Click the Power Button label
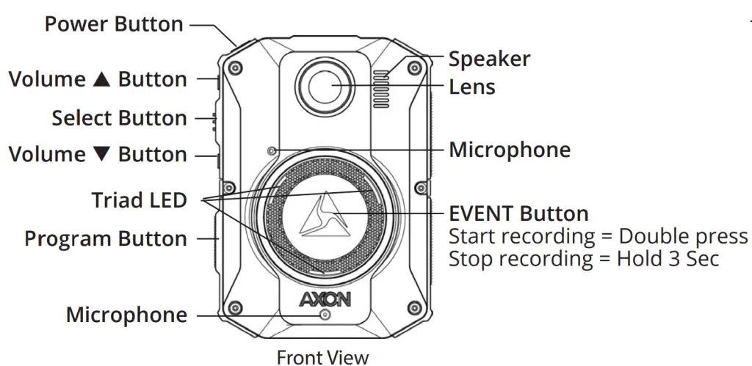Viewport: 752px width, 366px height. click(114, 24)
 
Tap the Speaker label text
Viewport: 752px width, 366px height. click(489, 59)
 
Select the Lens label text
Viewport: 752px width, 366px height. click(471, 87)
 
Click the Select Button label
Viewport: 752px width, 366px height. click(119, 118)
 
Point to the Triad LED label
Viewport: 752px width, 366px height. click(139, 200)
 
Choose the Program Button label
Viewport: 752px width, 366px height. click(106, 239)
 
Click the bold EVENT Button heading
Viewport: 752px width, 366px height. click(518, 214)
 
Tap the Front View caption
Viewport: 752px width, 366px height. click(322, 357)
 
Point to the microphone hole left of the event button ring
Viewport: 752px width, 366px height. click(272, 152)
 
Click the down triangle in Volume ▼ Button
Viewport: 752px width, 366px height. click(101, 155)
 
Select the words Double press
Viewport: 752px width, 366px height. click(683, 237)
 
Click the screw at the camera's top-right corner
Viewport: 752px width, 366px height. click(416, 68)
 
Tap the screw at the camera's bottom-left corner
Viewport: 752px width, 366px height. click(234, 307)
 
